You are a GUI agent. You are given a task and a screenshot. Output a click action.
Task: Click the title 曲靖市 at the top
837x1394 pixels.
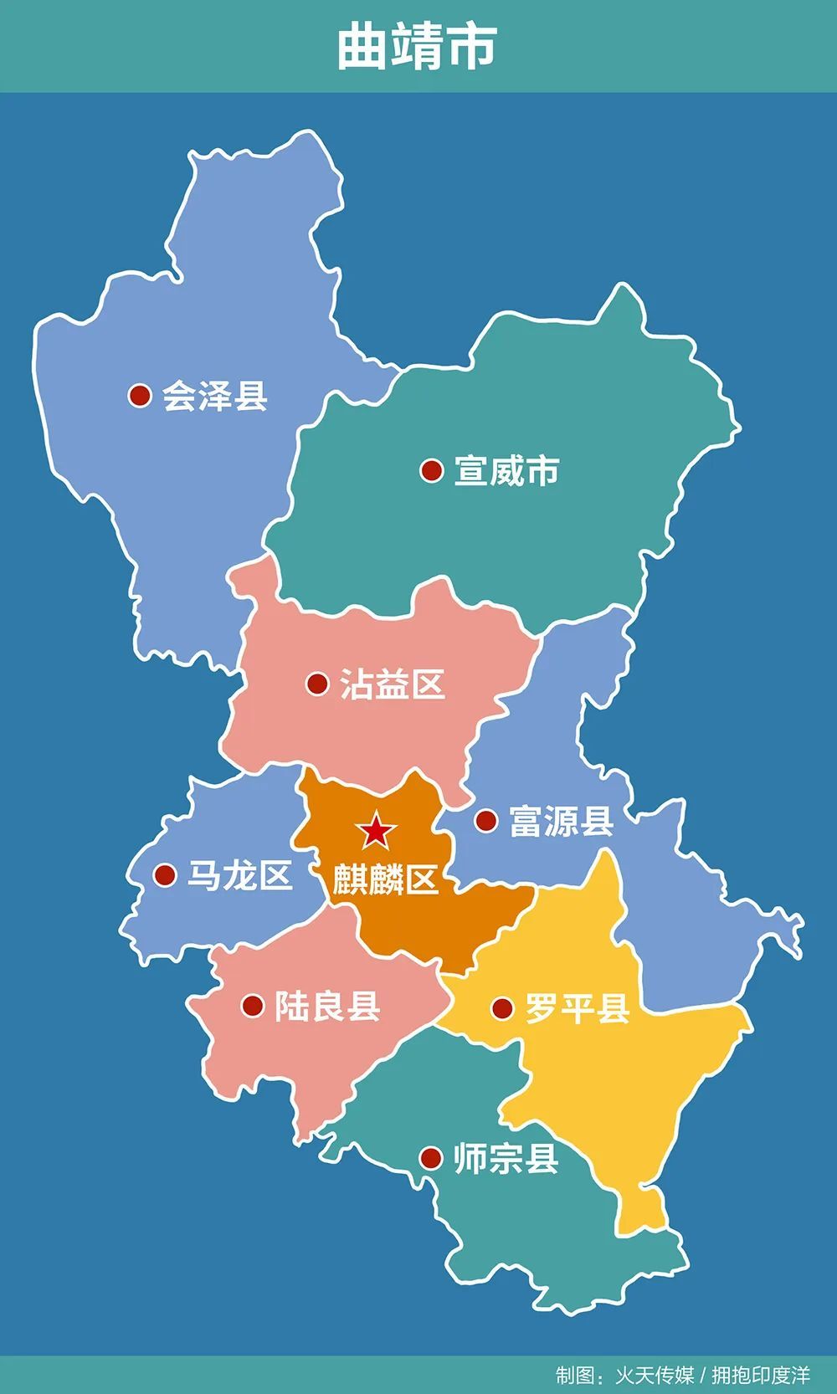point(417,46)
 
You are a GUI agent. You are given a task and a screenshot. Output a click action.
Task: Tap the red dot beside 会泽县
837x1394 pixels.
point(140,395)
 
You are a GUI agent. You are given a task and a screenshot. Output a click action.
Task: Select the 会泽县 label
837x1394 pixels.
point(215,396)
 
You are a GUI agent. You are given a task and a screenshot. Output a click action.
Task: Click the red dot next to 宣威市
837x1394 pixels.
point(431,470)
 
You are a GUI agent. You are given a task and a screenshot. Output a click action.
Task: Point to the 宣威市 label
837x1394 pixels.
point(506,471)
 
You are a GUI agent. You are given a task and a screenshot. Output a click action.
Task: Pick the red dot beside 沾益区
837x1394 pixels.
point(317,684)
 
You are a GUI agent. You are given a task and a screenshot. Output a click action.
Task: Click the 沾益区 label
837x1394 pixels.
point(392,684)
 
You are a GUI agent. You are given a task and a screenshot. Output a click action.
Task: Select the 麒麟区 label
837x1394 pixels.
point(385,879)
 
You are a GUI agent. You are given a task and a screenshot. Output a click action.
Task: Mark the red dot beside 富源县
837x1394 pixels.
point(485,820)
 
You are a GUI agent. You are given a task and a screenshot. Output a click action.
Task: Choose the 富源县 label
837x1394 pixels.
point(561,821)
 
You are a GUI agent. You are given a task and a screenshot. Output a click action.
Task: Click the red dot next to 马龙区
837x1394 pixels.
point(165,875)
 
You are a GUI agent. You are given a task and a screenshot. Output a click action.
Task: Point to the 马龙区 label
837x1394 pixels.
point(239,876)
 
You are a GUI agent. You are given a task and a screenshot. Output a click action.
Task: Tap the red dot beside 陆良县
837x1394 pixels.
point(253,1005)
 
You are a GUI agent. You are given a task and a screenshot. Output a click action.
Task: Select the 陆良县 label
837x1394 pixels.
point(327,1006)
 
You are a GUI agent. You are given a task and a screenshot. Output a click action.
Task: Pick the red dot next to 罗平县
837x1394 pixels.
point(501,1008)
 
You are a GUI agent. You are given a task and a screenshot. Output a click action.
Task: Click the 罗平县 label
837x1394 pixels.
point(577,1009)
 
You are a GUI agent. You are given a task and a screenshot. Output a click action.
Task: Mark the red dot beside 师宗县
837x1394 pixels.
point(430,1158)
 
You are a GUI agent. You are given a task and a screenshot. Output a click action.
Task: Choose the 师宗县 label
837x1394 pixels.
point(506,1159)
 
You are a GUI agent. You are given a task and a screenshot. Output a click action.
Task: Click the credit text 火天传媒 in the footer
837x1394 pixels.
point(655,1376)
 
